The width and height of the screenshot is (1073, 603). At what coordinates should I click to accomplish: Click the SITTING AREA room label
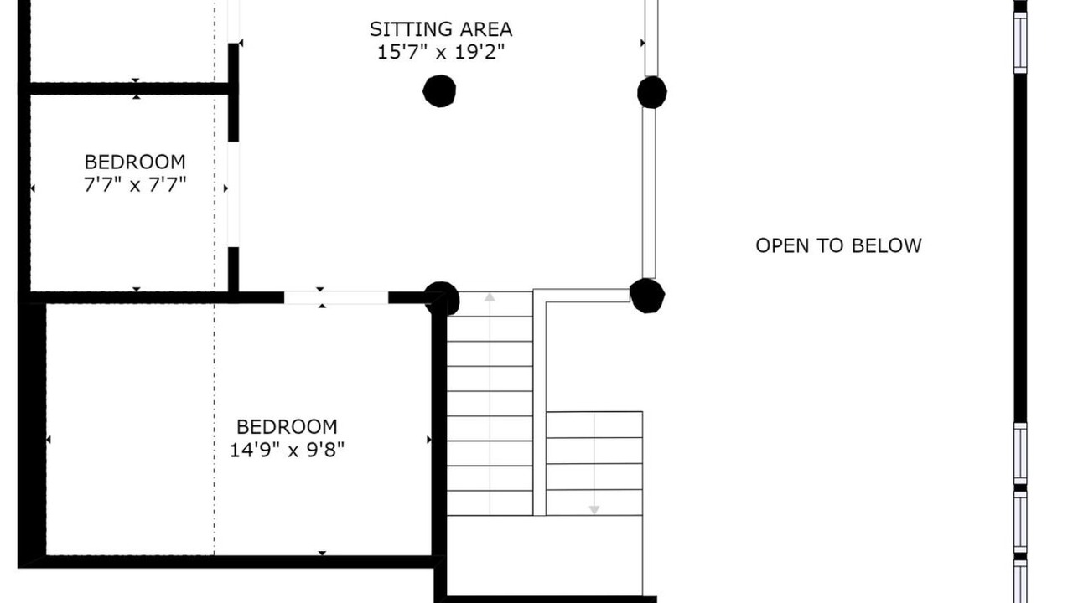(x=441, y=29)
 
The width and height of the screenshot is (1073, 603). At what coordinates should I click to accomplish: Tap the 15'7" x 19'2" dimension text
(x=441, y=52)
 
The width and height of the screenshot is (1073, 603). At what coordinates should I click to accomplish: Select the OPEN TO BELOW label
(x=838, y=245)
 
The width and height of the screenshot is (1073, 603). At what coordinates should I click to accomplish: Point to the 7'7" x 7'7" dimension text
(x=135, y=184)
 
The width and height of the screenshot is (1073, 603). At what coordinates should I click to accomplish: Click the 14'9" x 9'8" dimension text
(x=287, y=450)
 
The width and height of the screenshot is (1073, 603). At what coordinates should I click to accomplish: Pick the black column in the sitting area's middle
(x=439, y=91)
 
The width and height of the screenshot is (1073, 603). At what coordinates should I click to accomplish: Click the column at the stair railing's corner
(x=647, y=296)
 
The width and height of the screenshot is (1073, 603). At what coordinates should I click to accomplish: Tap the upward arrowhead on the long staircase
(x=489, y=297)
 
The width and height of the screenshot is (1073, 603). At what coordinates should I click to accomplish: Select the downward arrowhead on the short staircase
(x=594, y=510)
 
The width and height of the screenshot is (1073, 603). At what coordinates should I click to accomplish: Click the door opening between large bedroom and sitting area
(x=336, y=297)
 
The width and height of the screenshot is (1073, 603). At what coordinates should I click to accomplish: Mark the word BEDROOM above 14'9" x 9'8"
(x=287, y=427)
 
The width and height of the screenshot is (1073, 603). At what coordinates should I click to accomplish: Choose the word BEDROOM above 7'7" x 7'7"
(x=135, y=162)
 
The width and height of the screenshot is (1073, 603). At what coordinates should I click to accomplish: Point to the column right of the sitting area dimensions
(x=652, y=92)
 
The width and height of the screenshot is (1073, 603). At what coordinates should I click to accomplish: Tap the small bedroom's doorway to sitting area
(x=233, y=194)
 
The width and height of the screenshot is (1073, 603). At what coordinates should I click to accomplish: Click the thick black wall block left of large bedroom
(x=32, y=430)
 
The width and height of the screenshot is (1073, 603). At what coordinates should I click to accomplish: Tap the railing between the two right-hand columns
(x=649, y=193)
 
